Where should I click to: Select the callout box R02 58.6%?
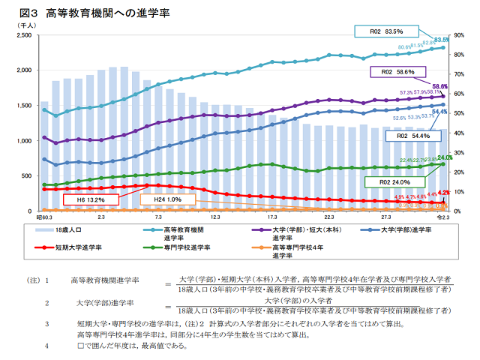click(x=399, y=72)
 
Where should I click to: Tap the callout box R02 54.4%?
click(x=412, y=136)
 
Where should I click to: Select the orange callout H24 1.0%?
click(x=168, y=199)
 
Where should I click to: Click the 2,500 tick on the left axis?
click(x=23, y=35)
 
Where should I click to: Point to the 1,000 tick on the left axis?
click(x=23, y=141)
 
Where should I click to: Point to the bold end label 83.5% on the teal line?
click(x=441, y=40)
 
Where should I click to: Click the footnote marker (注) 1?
click(x=39, y=280)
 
